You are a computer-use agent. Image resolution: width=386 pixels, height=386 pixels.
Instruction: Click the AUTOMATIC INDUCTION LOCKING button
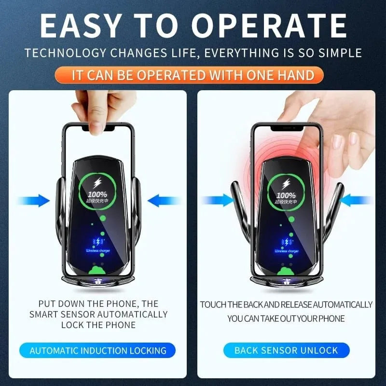click(98, 350)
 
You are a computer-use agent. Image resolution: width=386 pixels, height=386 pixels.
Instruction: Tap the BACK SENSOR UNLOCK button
click(286, 350)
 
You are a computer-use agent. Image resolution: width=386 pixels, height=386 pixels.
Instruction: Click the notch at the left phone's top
click(98, 129)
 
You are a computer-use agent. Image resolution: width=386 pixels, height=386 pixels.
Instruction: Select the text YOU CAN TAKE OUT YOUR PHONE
click(286, 319)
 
